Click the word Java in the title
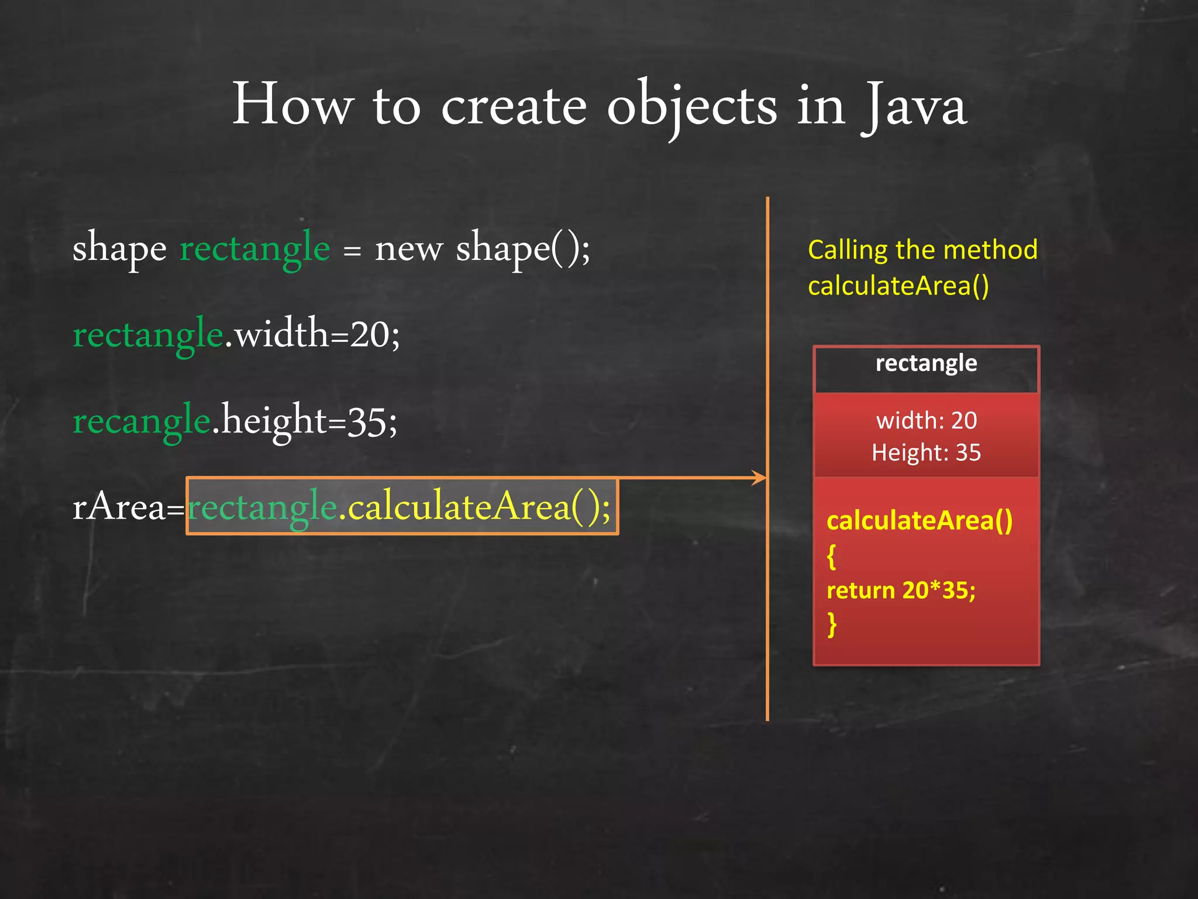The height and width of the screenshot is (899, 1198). click(914, 107)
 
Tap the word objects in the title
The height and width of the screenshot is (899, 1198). click(692, 107)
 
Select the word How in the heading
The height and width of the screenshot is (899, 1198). click(292, 105)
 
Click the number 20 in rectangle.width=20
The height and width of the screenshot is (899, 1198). click(370, 335)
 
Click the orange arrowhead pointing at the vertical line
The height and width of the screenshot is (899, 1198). click(759, 478)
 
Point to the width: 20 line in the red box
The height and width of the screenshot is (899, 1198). click(926, 420)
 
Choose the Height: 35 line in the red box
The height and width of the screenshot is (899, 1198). click(926, 452)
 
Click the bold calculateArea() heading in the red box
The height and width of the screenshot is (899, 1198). click(919, 520)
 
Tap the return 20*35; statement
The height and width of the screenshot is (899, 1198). click(901, 590)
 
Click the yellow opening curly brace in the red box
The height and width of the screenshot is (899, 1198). click(831, 556)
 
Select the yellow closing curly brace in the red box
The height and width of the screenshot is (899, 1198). click(832, 624)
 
